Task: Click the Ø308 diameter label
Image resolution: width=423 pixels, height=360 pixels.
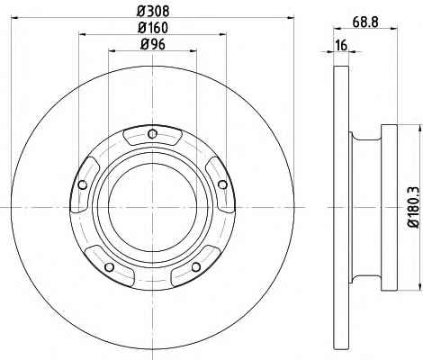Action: [153, 12]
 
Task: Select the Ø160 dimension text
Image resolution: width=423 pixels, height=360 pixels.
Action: [153, 28]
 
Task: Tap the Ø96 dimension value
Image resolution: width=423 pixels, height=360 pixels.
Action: [153, 45]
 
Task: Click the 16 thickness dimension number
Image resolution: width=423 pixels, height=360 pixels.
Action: [341, 45]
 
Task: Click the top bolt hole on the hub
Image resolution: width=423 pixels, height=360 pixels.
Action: [153, 133]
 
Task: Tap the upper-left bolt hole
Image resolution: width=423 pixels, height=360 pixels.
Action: [82, 184]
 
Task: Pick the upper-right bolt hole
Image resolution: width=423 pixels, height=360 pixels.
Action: [222, 184]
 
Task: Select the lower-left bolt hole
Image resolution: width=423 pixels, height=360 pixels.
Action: [110, 266]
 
